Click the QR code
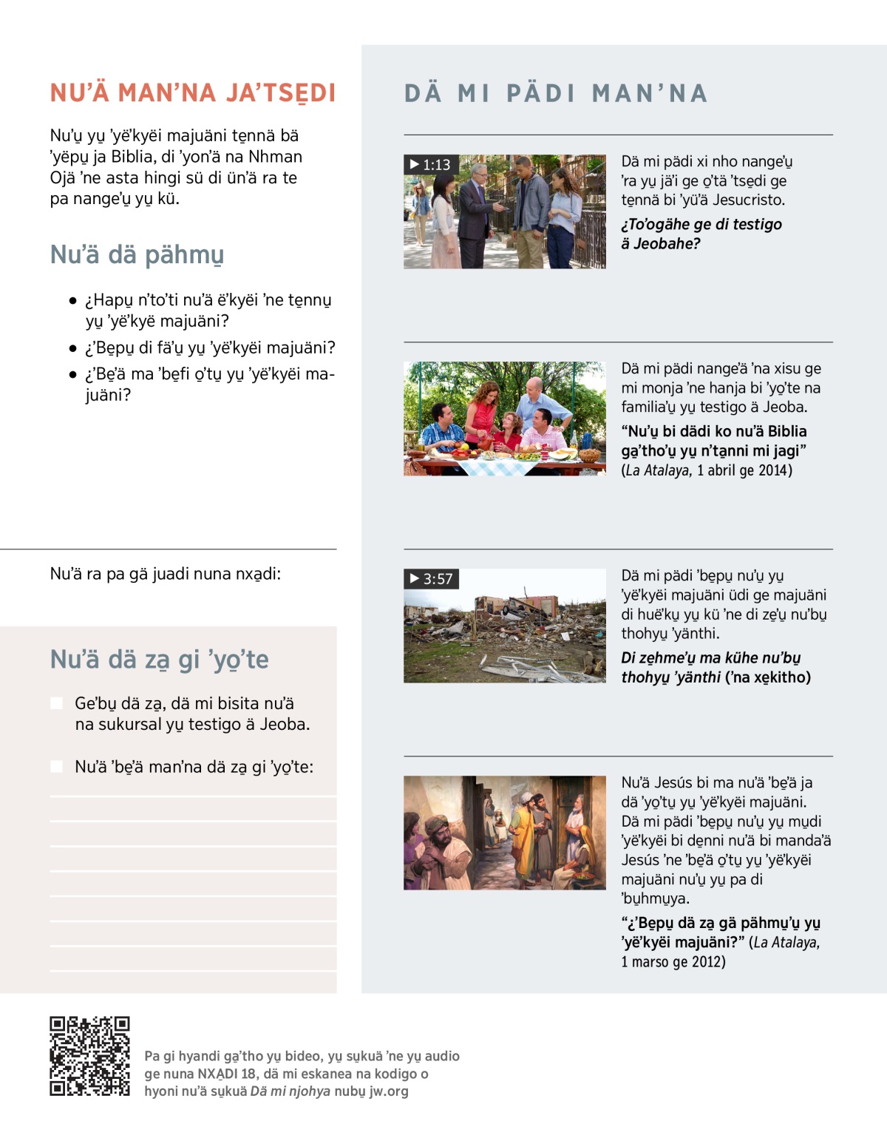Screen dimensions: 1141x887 (x=89, y=1056)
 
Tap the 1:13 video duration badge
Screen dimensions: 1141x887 (x=431, y=164)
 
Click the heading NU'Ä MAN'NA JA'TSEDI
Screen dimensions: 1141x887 (x=193, y=93)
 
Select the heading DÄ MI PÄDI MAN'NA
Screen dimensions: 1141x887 (x=556, y=93)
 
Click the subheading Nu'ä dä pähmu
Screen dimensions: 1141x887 (x=137, y=254)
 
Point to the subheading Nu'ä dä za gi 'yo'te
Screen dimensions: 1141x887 (x=159, y=659)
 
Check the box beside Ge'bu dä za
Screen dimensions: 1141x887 (x=56, y=703)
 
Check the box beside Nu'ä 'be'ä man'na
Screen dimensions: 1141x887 (x=56, y=767)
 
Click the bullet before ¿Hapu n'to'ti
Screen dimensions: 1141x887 (x=72, y=301)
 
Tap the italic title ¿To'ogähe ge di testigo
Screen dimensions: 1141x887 (x=701, y=224)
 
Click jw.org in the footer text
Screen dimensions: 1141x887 (x=388, y=1091)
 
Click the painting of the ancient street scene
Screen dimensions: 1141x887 (x=504, y=832)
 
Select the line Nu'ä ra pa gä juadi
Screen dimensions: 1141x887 (x=165, y=574)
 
